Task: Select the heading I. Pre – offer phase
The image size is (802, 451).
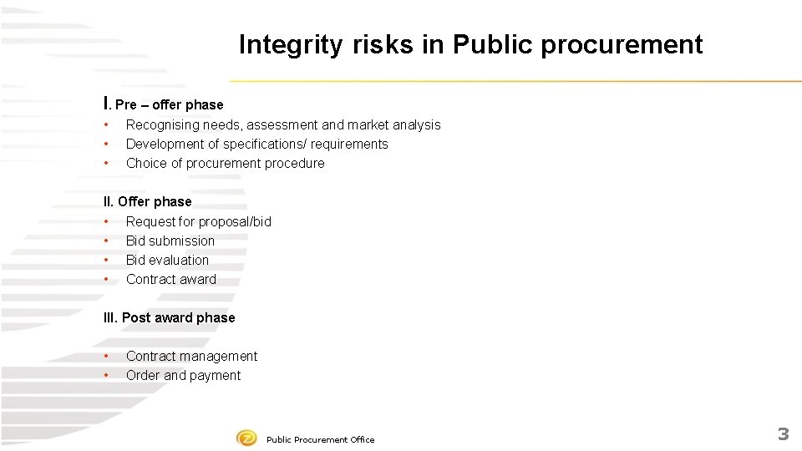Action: click(163, 104)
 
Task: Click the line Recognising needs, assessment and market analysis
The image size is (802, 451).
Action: click(283, 124)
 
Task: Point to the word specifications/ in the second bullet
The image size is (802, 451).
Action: click(266, 144)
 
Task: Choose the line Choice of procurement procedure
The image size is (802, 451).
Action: click(225, 163)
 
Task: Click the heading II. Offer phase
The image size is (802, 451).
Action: click(147, 201)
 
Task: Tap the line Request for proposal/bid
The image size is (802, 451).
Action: click(198, 221)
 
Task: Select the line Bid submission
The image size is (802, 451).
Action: click(170, 241)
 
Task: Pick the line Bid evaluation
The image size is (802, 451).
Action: click(167, 260)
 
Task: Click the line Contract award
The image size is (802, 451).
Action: click(170, 279)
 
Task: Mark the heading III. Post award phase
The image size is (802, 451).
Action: click(169, 317)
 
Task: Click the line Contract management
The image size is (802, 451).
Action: click(191, 356)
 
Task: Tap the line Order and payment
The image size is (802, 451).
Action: click(183, 375)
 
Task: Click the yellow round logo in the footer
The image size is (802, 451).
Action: click(246, 438)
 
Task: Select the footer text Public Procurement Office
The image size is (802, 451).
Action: click(320, 439)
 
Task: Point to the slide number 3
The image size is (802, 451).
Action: click(783, 433)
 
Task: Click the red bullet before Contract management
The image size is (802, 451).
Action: click(107, 356)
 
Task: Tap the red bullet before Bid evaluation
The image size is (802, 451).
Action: click(107, 260)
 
